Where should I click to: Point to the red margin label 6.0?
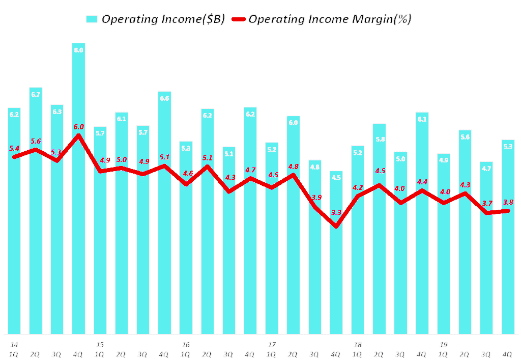click(x=78, y=126)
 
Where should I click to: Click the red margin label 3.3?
click(x=336, y=212)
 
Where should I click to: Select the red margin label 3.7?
click(x=487, y=203)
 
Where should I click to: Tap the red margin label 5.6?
click(x=36, y=141)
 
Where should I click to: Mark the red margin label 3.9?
click(x=316, y=197)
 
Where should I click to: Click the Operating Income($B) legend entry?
click(x=163, y=19)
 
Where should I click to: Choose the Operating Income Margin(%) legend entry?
click(x=330, y=19)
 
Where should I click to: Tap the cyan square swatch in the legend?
click(x=92, y=19)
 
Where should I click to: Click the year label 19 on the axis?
click(x=443, y=344)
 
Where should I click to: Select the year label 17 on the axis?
click(x=272, y=344)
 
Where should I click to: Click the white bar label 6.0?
click(x=294, y=122)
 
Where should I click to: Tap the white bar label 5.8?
click(x=380, y=139)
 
